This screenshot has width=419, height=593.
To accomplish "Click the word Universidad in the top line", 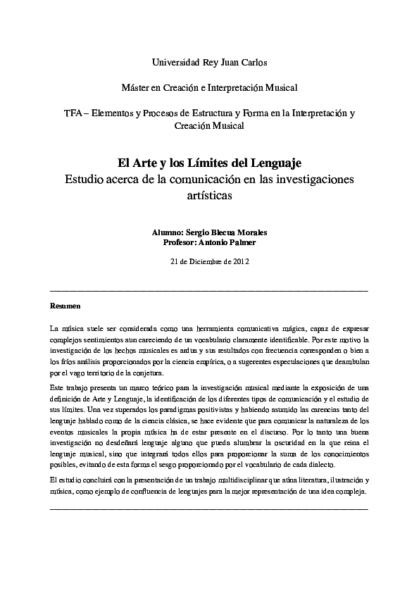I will [176, 63].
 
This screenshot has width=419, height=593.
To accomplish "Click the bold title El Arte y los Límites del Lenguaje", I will [209, 164].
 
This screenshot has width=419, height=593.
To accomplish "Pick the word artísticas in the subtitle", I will [209, 196].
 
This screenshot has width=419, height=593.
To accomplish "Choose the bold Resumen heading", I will [65, 306].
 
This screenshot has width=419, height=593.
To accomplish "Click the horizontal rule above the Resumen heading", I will [209, 289].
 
